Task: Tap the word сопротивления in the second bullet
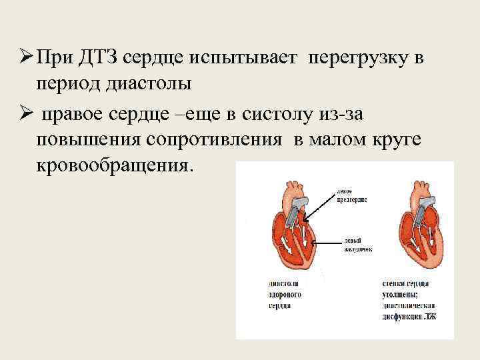pyautogui.click(x=219, y=141)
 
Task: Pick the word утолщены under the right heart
pyautogui.click(x=401, y=294)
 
